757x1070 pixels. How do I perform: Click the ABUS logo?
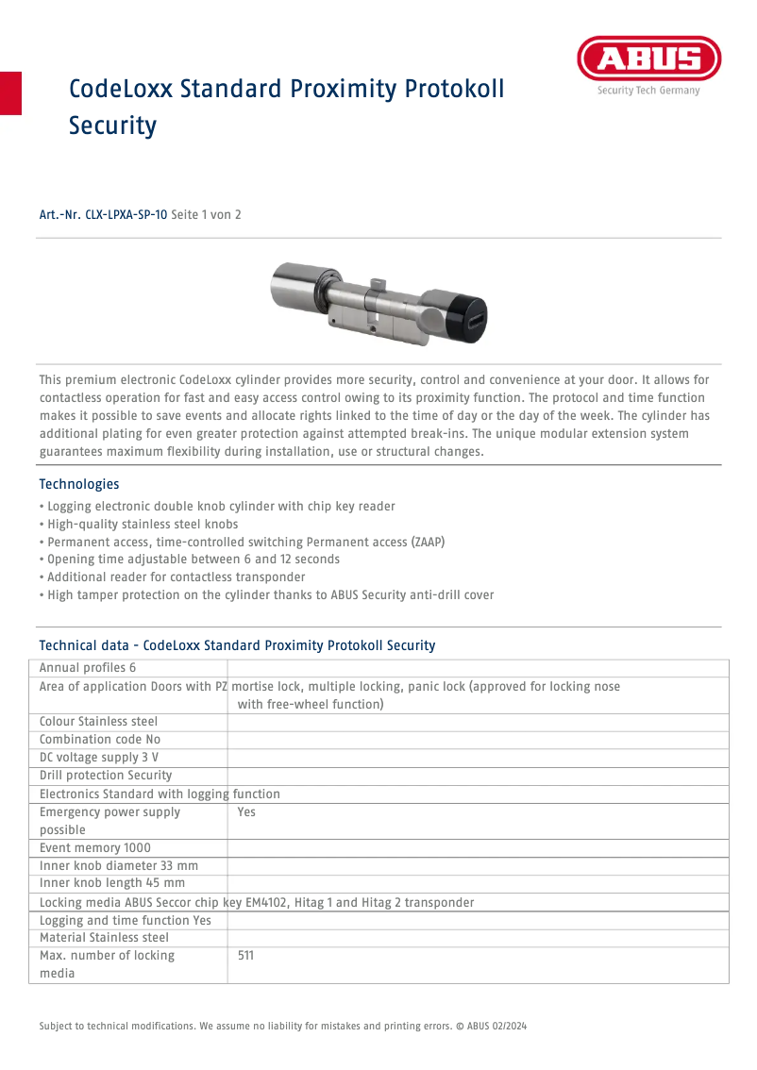[x=648, y=60]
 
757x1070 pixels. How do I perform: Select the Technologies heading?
[x=79, y=484]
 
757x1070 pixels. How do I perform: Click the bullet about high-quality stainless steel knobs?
[x=139, y=524]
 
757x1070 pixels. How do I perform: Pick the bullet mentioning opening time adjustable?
[x=190, y=559]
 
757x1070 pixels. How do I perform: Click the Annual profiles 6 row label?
[x=88, y=668]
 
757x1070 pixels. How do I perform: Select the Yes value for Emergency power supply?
[x=246, y=811]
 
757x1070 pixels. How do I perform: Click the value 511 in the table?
[x=245, y=956]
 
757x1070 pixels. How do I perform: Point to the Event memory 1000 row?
[x=95, y=848]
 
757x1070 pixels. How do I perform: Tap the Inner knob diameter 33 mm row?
[x=119, y=865]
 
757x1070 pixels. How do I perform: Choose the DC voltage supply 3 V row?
[x=99, y=758]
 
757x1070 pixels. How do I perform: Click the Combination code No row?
[x=100, y=740]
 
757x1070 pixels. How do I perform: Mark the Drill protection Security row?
[x=106, y=776]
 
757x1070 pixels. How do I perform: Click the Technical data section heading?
[x=237, y=645]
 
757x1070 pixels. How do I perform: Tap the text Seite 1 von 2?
[x=206, y=215]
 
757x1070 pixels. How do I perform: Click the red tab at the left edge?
[x=10, y=92]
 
